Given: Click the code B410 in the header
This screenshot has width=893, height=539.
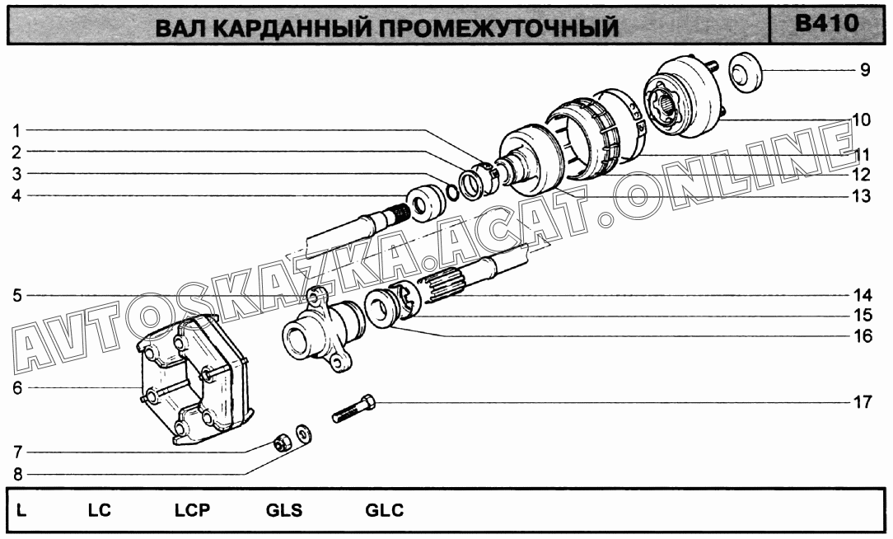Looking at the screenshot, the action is pyautogui.click(x=826, y=23).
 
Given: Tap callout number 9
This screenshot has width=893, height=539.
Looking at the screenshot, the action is pyautogui.click(x=864, y=70).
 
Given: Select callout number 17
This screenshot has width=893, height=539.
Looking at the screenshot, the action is pyautogui.click(x=863, y=402).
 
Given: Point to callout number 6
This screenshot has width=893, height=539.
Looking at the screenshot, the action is pyautogui.click(x=17, y=388).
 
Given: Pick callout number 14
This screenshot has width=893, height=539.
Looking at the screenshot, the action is pyautogui.click(x=863, y=295).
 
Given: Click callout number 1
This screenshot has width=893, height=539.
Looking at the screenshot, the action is pyautogui.click(x=16, y=130).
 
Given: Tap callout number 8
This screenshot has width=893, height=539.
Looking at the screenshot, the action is pyautogui.click(x=17, y=473).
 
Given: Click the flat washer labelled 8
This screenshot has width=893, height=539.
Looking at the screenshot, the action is pyautogui.click(x=302, y=434).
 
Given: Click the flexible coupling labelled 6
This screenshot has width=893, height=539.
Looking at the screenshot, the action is pyautogui.click(x=194, y=380).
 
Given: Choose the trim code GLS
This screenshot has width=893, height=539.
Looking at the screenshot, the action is pyautogui.click(x=283, y=510).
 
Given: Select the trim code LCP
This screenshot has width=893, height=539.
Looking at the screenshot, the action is pyautogui.click(x=192, y=510).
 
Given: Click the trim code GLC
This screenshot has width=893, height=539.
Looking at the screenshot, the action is pyautogui.click(x=385, y=510).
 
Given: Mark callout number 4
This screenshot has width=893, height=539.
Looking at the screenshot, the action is pyautogui.click(x=17, y=196).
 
